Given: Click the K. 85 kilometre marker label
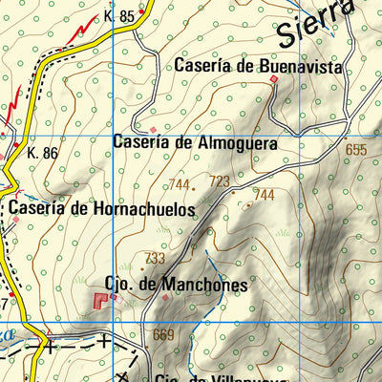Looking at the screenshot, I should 121,16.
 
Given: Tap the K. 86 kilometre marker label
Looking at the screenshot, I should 43,152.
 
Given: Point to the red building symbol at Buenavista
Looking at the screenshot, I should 274,80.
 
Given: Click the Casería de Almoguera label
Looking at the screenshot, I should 195,143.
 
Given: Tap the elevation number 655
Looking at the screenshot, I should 357,150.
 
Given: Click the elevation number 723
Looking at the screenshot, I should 220,181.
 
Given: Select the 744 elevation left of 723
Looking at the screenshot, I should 179,184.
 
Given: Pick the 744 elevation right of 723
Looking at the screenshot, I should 264,195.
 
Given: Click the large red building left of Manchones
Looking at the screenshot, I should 101,301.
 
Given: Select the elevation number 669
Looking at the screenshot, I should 162,334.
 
